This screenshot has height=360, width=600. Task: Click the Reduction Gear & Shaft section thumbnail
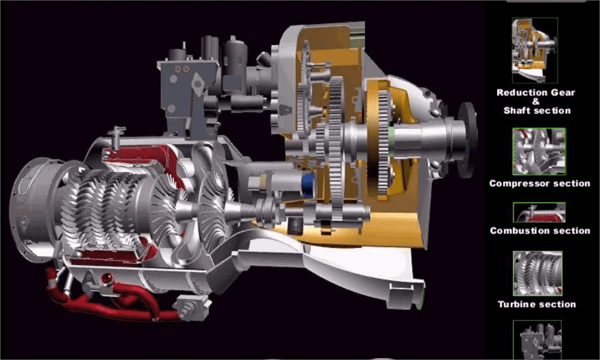pos(535,50)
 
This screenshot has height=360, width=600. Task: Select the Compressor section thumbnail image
pos(539,151)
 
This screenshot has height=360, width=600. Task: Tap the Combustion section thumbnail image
pos(539,212)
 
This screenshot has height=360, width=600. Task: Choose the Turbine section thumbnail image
pos(537,273)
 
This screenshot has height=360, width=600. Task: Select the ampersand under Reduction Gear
pos(535,101)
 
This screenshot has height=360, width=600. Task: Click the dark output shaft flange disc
pos(467,139)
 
